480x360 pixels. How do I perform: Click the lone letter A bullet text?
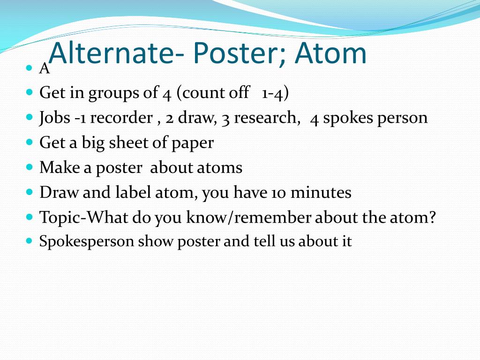(45, 68)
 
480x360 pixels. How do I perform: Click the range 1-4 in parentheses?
(272, 93)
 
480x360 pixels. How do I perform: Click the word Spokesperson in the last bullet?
(87, 242)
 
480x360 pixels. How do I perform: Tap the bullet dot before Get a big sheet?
(30, 142)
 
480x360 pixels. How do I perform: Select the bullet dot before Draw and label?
(30, 192)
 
